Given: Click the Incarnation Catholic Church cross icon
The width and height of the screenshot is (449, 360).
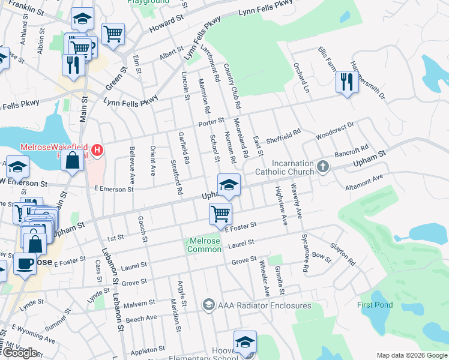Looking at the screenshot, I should [323, 166].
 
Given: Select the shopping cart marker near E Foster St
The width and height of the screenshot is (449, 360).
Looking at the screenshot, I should [221, 213].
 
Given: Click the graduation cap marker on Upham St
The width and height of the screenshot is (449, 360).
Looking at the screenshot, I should [228, 185].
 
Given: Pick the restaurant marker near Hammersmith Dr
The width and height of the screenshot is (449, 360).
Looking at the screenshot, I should [346, 82].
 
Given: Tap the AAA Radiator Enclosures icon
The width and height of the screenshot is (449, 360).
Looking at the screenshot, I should [208, 305].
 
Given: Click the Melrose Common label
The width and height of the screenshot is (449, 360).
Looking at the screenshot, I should [205, 245].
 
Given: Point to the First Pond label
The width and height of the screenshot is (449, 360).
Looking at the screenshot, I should [375, 305].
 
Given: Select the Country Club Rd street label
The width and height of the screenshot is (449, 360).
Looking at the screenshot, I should [232, 86].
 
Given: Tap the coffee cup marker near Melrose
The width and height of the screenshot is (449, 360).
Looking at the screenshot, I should [24, 264].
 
